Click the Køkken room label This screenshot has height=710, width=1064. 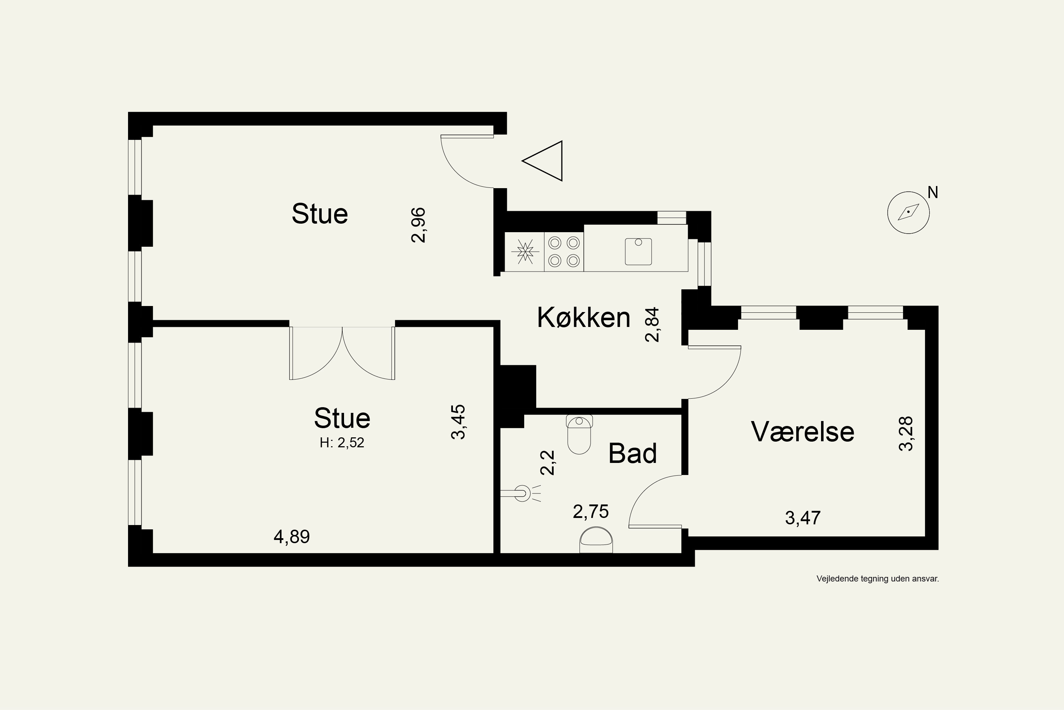pyautogui.click(x=583, y=317)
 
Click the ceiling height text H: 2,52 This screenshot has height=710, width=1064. pyautogui.click(x=342, y=442)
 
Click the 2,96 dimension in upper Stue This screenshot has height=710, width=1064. pyautogui.click(x=419, y=225)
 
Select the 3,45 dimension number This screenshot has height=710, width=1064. pyautogui.click(x=458, y=422)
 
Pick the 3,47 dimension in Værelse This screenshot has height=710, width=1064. pyautogui.click(x=803, y=518)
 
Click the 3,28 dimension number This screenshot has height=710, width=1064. pyautogui.click(x=906, y=434)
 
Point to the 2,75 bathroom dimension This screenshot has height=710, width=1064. pyautogui.click(x=591, y=512)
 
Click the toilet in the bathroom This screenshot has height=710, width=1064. pyautogui.click(x=579, y=434)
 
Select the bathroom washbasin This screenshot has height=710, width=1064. pyautogui.click(x=596, y=540)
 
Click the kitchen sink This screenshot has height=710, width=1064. pyautogui.click(x=638, y=251)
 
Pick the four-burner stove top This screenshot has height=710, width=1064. pyautogui.click(x=564, y=252)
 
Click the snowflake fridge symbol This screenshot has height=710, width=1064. pyautogui.click(x=525, y=252)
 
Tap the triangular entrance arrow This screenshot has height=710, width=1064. pyautogui.click(x=542, y=161)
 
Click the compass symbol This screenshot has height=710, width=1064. pyautogui.click(x=908, y=212)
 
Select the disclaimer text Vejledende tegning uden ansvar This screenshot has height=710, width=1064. pyautogui.click(x=877, y=579)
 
